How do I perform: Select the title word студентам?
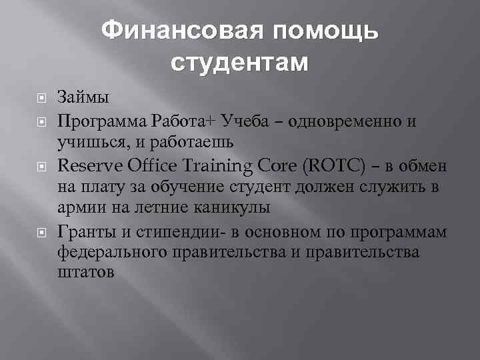tap(240, 63)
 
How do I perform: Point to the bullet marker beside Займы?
tap(40, 98)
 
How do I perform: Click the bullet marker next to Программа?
tap(40, 121)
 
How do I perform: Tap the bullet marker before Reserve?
tap(40, 165)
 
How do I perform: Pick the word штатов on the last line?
tap(86, 273)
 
